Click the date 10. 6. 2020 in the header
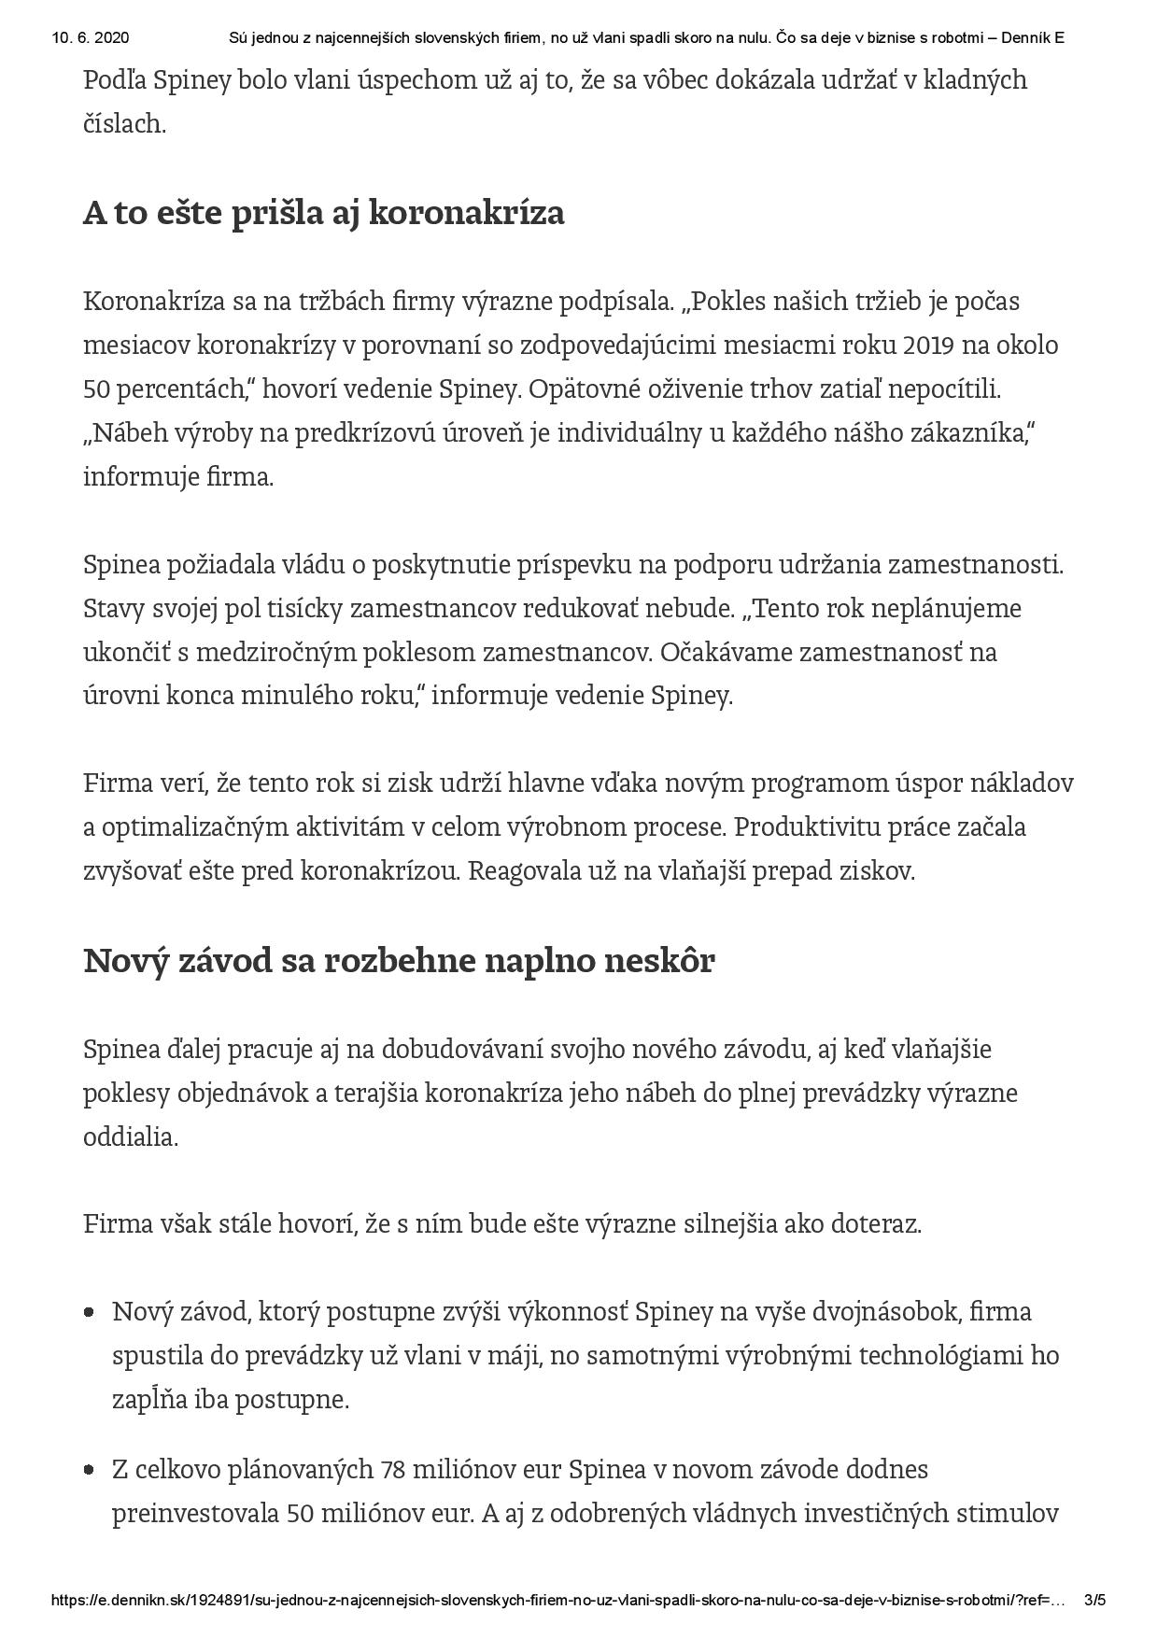[x=91, y=38]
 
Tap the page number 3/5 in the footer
[x=1095, y=1600]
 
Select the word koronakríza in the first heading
[x=467, y=214]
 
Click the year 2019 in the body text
[x=929, y=346]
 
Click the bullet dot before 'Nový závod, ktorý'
[x=90, y=1312]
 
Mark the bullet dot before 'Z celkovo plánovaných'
[x=90, y=1470]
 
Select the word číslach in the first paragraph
[x=124, y=124]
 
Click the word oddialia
[x=130, y=1137]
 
